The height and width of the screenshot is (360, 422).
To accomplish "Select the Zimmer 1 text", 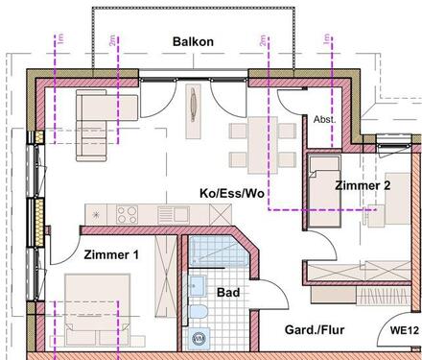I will pos(111,254).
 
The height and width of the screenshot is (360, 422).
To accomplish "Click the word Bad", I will pos(227,292).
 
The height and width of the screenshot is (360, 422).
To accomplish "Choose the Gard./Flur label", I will pos(315,331).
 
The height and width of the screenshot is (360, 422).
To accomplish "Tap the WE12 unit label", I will pos(404,331).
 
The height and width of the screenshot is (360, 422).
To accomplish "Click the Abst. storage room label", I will pos(323,119).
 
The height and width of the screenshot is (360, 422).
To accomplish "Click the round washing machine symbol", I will pos(199,338).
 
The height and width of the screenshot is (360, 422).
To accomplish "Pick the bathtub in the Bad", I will pos(212,252).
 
